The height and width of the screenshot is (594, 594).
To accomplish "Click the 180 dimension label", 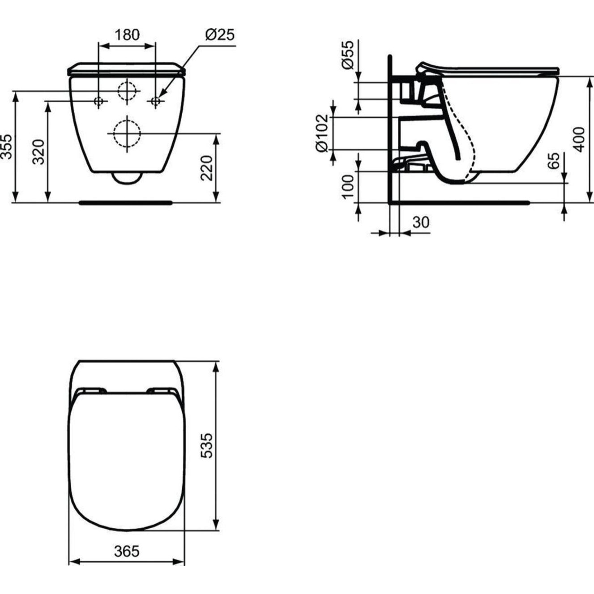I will pos(127,34).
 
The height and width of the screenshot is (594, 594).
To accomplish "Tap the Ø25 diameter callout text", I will pos(219,34).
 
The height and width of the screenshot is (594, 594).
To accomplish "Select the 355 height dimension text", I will pos(7,146).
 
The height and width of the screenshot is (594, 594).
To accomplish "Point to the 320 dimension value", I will pos(39,152).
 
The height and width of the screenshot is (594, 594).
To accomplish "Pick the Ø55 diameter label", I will pos(348,54).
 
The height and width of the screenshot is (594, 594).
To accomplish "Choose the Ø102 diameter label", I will pos(323,133).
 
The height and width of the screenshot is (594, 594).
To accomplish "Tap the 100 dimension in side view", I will pos(348,186).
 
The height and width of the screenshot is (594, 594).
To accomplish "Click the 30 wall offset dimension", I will pos(420,222).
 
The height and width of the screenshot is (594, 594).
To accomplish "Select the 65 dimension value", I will pos(554,160).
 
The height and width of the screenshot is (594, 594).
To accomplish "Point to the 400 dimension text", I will pos(579,139).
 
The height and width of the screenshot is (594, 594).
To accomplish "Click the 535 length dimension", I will pos(206,445).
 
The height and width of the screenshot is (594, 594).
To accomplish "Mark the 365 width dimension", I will pos(126,551).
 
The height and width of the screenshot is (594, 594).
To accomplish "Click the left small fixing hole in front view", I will pos(99,102).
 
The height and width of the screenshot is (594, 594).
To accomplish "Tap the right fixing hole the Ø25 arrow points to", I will pos(155,102).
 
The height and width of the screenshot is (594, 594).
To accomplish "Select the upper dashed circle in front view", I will pos(127,91).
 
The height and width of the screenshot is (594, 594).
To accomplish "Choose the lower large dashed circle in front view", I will pos(127,133).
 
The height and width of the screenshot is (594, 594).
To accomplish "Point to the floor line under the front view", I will pos(125,203).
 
